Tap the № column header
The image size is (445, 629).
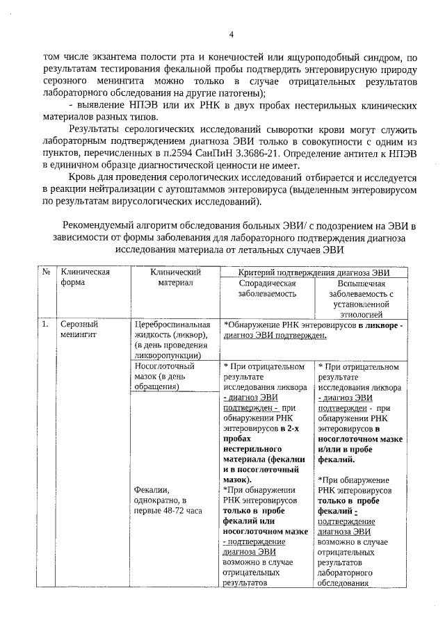tap(46, 273)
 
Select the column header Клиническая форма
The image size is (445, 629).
tap(86, 278)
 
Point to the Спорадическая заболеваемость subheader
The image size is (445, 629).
tap(268, 288)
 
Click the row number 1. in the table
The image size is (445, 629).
tap(45, 324)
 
